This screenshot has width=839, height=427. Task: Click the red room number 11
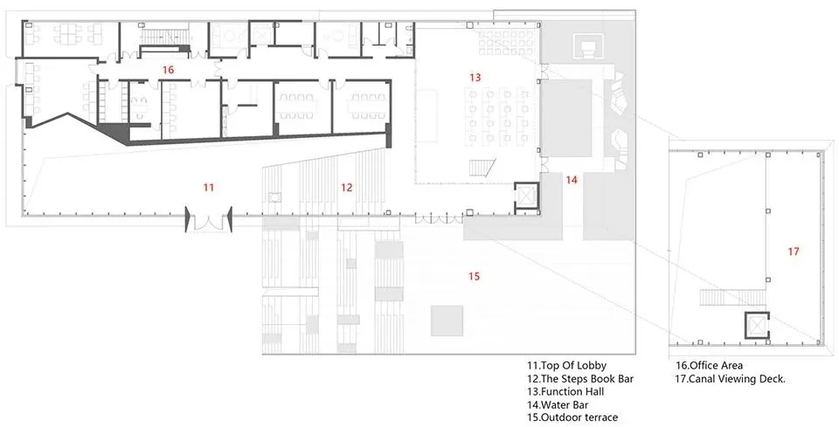click(x=209, y=187)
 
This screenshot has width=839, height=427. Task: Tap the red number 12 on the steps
click(x=347, y=187)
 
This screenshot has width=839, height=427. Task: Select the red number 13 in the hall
click(x=475, y=78)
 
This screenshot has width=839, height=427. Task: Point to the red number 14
click(x=572, y=180)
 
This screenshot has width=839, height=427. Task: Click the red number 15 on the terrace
click(x=474, y=276)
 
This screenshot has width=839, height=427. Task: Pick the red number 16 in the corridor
click(x=169, y=70)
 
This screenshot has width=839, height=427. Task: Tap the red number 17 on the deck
click(x=794, y=251)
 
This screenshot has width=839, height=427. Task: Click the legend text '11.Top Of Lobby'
click(x=566, y=366)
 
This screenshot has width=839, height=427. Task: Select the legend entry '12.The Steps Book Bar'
click(x=580, y=379)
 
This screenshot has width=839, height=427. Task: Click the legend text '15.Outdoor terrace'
click(x=572, y=418)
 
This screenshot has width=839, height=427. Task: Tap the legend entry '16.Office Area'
click(x=709, y=366)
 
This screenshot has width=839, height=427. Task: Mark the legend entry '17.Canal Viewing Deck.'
click(x=731, y=379)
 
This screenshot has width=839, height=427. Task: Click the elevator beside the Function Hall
click(x=525, y=196)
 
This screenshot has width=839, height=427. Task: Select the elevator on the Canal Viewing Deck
click(x=757, y=325)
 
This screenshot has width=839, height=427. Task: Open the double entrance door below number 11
click(x=209, y=220)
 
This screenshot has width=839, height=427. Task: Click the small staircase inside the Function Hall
click(x=482, y=168)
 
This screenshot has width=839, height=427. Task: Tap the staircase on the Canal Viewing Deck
click(x=732, y=297)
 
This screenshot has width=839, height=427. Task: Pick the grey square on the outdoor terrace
click(x=447, y=320)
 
